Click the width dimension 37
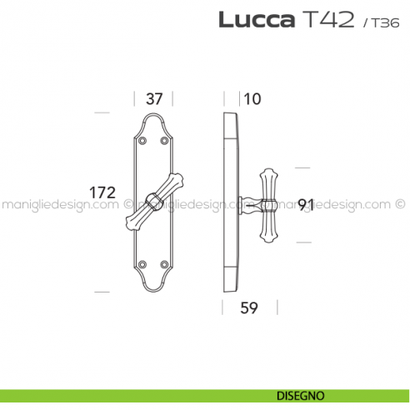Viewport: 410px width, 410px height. (x=154, y=98)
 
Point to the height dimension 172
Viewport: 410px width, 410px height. (x=102, y=192)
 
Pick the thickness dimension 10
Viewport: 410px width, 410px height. (x=252, y=98)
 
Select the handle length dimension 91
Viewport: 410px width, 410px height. (x=307, y=202)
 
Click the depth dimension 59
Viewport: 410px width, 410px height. (x=248, y=308)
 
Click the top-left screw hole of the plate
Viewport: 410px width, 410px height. (x=142, y=141)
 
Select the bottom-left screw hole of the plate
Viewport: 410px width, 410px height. (x=142, y=265)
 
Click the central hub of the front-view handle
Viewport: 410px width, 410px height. (x=153, y=200)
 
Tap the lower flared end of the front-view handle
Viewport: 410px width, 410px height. (x=133, y=221)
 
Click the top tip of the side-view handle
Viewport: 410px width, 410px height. (x=268, y=170)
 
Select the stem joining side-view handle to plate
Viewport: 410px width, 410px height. (x=247, y=202)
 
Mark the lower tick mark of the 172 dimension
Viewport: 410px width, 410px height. (x=102, y=292)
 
